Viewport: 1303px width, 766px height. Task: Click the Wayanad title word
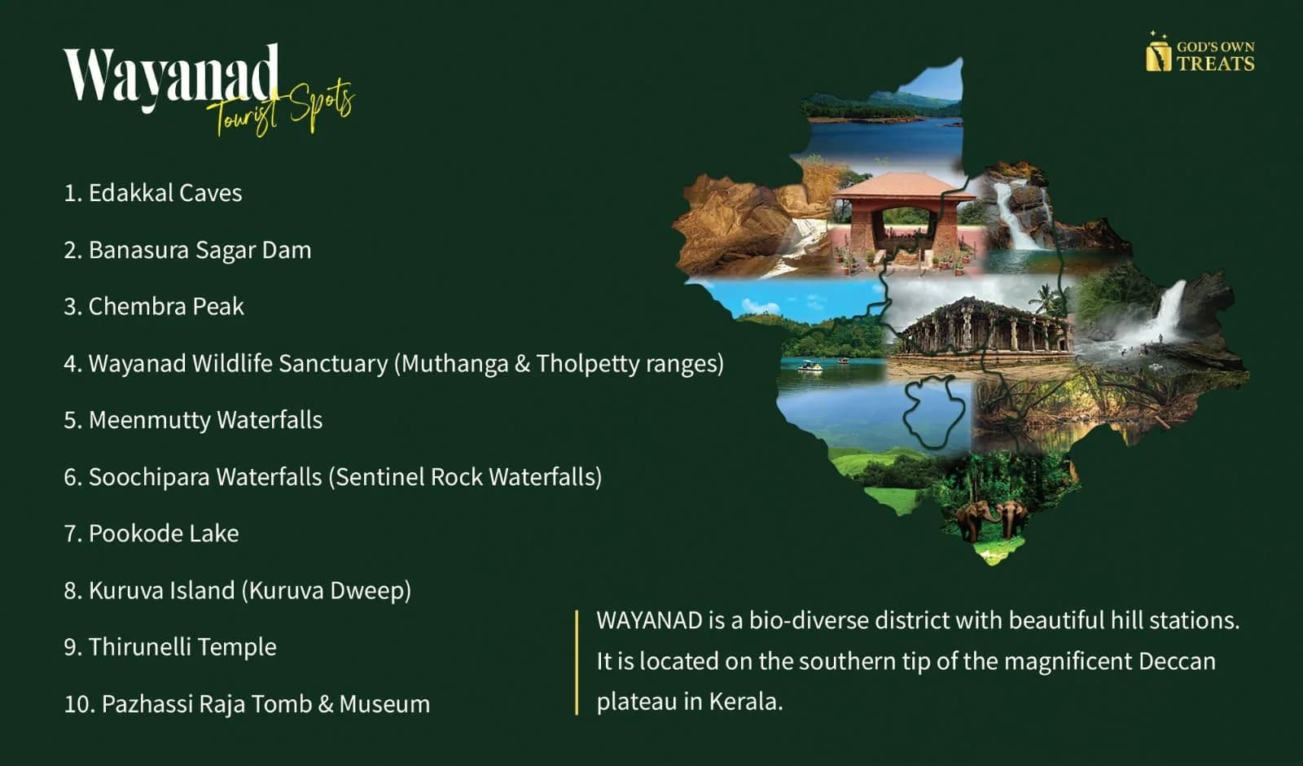pyautogui.click(x=171, y=77)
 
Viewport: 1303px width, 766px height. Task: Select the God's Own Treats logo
pyautogui.click(x=1200, y=52)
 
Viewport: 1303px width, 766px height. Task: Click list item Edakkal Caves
pyautogui.click(x=153, y=193)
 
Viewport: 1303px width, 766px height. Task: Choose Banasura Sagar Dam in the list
pyautogui.click(x=187, y=250)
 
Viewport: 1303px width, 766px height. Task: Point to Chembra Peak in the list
pyautogui.click(x=154, y=307)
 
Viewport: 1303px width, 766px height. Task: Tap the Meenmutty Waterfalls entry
pyautogui.click(x=193, y=420)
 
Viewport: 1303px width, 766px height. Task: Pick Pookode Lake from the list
pyautogui.click(x=151, y=533)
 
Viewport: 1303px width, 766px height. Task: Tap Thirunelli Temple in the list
pyautogui.click(x=170, y=647)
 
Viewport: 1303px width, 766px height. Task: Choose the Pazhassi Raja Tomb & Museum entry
pyautogui.click(x=247, y=704)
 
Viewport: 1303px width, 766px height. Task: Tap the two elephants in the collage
pyautogui.click(x=991, y=519)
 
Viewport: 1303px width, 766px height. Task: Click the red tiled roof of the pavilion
pyautogui.click(x=903, y=186)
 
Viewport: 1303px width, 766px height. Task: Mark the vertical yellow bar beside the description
pyautogui.click(x=577, y=663)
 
